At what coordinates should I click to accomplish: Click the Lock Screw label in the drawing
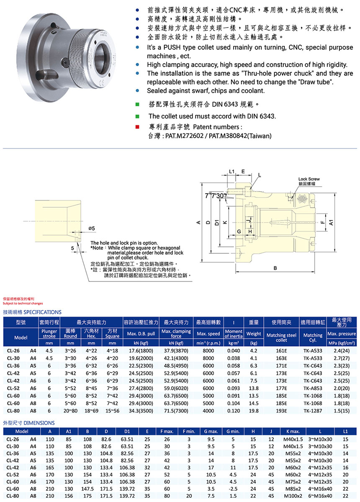(x=309, y=179)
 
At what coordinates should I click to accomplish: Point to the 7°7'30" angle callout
(x=216, y=196)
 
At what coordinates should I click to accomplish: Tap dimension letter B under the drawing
(x=275, y=267)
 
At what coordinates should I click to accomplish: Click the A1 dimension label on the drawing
(x=331, y=224)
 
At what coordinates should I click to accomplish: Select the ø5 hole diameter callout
(x=92, y=228)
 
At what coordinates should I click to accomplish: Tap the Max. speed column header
(x=208, y=334)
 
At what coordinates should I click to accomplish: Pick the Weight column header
(x=254, y=334)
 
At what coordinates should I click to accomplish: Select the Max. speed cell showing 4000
(x=208, y=411)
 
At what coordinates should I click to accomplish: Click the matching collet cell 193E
(x=282, y=411)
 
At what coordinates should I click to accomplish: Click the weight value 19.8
(x=254, y=411)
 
